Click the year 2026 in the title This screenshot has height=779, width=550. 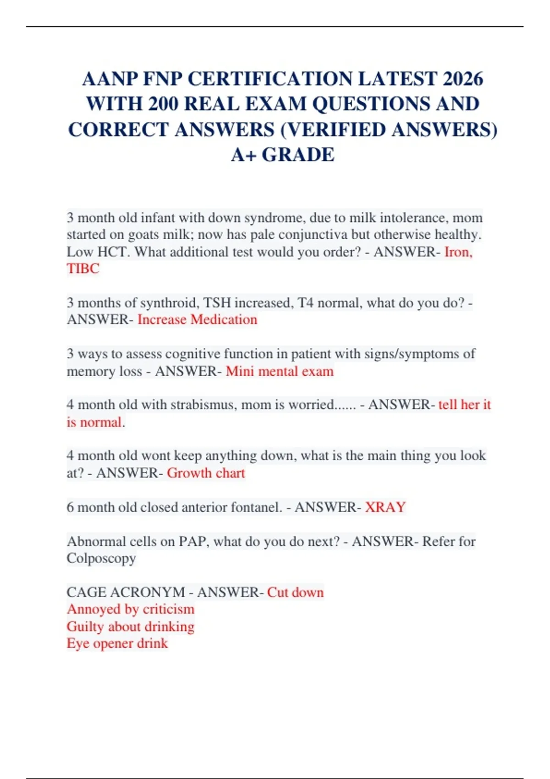pyautogui.click(x=463, y=79)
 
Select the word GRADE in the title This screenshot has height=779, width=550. pyautogui.click(x=298, y=155)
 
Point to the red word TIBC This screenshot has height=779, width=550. pyautogui.click(x=83, y=269)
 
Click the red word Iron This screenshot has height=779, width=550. pyautogui.click(x=458, y=252)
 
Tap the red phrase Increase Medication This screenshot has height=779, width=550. pyautogui.click(x=197, y=319)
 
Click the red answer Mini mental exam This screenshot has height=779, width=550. pyautogui.click(x=280, y=371)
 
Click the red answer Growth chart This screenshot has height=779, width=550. pyautogui.click(x=206, y=472)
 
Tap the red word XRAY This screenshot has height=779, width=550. pyautogui.click(x=385, y=507)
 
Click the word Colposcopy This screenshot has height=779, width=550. pyautogui.click(x=101, y=558)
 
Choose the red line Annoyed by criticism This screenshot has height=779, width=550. pyautogui.click(x=131, y=609)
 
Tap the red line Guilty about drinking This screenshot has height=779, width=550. pyautogui.click(x=131, y=626)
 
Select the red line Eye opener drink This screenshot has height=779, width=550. pyautogui.click(x=117, y=643)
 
